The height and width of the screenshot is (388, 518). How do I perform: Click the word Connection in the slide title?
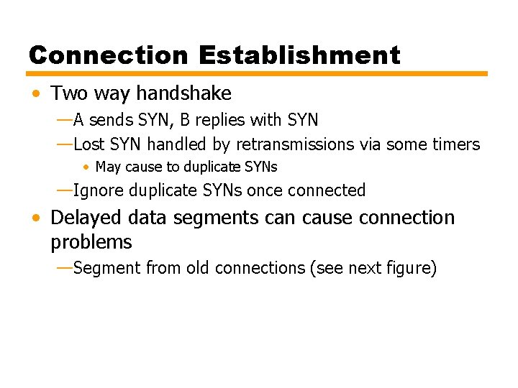pyautogui.click(x=108, y=55)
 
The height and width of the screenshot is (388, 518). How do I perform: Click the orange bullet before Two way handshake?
pyautogui.click(x=36, y=94)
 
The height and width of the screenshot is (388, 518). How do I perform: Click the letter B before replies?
pyautogui.click(x=183, y=119)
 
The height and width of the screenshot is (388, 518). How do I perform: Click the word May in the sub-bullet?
pyautogui.click(x=109, y=167)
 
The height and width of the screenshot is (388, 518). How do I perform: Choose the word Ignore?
pyautogui.click(x=98, y=190)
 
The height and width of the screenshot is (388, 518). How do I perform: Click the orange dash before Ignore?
pyautogui.click(x=64, y=190)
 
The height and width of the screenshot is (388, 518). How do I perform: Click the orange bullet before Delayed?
pyautogui.click(x=36, y=218)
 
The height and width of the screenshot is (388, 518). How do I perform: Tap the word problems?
pyautogui.click(x=91, y=242)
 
